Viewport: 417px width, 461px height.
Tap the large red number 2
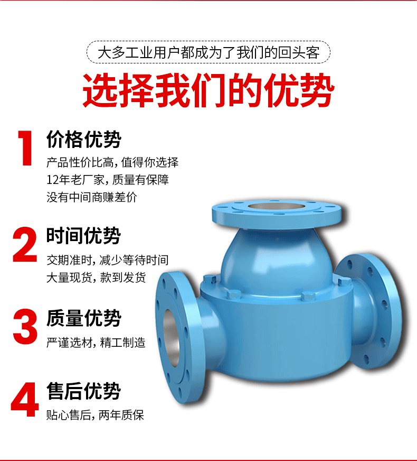coord(25,244)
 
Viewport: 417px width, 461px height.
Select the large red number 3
coord(25,327)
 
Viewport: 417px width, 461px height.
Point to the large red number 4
coord(25,401)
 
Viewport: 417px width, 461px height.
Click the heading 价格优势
coord(83,140)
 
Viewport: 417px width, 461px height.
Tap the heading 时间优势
coord(83,236)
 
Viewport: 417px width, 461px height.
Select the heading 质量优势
coord(83,318)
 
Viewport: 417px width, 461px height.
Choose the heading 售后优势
coord(83,391)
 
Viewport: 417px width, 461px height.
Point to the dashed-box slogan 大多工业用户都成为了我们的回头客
coord(209,53)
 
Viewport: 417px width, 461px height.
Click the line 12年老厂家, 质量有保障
coord(108,180)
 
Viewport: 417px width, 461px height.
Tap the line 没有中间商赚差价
coord(92,198)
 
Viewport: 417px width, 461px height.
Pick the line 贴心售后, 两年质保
coord(95,415)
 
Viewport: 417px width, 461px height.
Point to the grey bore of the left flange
coord(172,333)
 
